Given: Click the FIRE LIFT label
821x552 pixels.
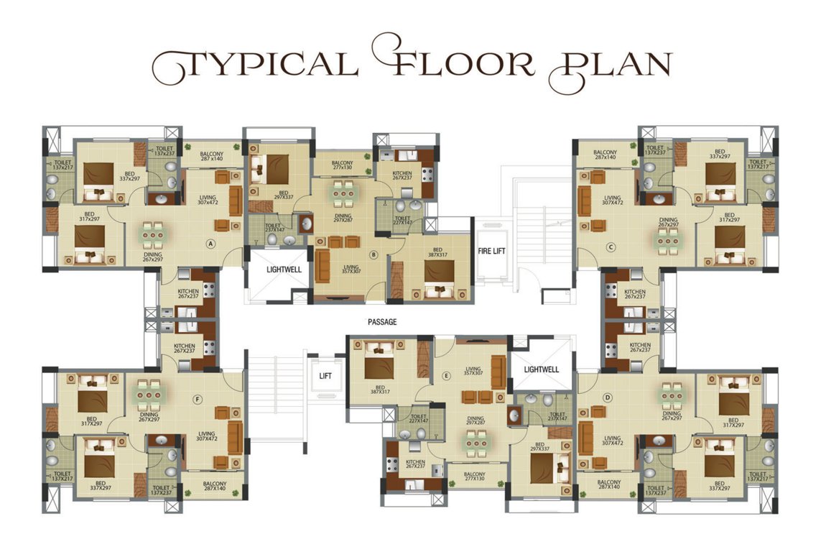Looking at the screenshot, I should click(493, 252).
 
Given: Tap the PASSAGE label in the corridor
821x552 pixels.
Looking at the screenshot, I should click(381, 323).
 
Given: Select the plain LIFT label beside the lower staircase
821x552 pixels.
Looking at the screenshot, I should click(324, 375).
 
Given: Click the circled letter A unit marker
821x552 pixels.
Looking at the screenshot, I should click(211, 243).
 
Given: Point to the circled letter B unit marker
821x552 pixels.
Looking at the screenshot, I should click(374, 254).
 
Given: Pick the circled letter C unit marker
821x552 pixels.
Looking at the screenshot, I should click(611, 247).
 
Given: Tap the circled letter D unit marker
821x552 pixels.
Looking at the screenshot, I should click(608, 397).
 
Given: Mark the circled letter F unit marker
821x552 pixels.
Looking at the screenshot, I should click(198, 400).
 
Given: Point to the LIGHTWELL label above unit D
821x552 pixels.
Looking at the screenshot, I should click(542, 369).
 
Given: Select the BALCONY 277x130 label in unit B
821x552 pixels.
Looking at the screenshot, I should click(341, 167).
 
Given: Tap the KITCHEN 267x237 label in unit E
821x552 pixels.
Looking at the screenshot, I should click(415, 465).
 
